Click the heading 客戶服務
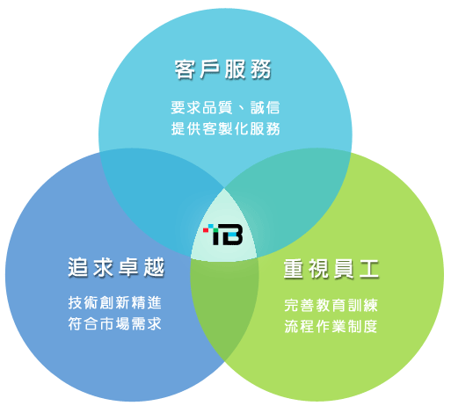tap(223, 69)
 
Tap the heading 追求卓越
tap(116, 267)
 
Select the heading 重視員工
tap(331, 269)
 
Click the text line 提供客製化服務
tap(225, 129)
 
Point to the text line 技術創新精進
tap(115, 302)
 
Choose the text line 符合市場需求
tap(115, 324)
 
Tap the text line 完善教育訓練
tap(331, 305)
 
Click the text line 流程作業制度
tap(331, 326)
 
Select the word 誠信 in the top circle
tap(266, 107)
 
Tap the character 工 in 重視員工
tap(369, 269)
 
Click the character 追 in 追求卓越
tap(78, 267)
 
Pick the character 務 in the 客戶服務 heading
tap(261, 69)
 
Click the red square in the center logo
tap(206, 230)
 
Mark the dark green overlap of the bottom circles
tap(223, 305)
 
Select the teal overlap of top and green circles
tap(290, 199)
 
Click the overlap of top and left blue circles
tap(158, 199)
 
